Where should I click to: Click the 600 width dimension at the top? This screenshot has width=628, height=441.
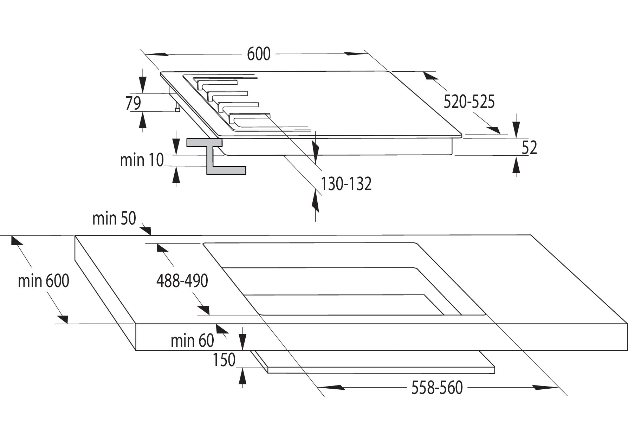pyautogui.click(x=259, y=54)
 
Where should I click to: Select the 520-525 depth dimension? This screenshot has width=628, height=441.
pyautogui.click(x=469, y=102)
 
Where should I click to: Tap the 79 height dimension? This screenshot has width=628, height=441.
pyautogui.click(x=133, y=103)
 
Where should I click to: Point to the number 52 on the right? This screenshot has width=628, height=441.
pyautogui.click(x=529, y=148)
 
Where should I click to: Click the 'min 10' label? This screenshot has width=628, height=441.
pyautogui.click(x=142, y=160)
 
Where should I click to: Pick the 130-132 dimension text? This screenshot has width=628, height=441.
pyautogui.click(x=346, y=184)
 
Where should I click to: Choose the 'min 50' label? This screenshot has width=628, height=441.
pyautogui.click(x=114, y=218)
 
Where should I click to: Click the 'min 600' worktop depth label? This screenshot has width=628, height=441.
pyautogui.click(x=44, y=281)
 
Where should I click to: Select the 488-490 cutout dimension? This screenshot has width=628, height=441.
pyautogui.click(x=182, y=281)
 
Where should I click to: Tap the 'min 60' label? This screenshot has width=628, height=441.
pyautogui.click(x=192, y=341)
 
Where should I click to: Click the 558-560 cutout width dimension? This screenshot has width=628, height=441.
pyautogui.click(x=437, y=388)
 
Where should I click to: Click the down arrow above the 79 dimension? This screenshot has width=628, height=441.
pyautogui.click(x=142, y=84)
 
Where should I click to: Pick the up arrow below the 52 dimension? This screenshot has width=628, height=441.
pyautogui.click(x=516, y=166)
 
